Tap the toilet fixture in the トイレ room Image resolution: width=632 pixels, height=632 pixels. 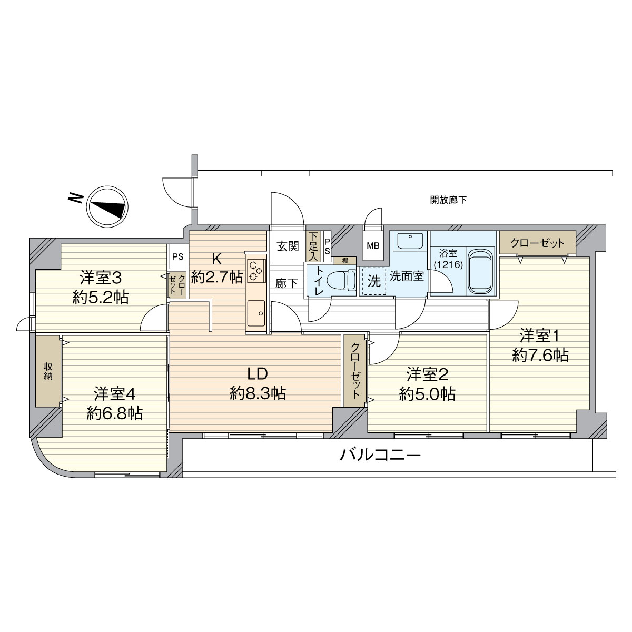click(x=340, y=281)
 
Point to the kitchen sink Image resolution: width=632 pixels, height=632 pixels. click(x=257, y=314)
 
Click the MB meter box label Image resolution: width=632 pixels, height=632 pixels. click(x=373, y=246)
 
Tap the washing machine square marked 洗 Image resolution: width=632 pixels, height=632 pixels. click(x=373, y=280)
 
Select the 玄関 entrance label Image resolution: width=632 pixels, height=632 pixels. click(x=288, y=245)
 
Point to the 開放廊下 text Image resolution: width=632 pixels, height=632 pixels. click(x=448, y=200)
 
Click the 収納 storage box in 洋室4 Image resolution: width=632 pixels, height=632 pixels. click(x=48, y=371)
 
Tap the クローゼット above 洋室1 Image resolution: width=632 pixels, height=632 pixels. click(x=537, y=243)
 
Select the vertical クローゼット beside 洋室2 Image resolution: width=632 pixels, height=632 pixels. click(x=355, y=371)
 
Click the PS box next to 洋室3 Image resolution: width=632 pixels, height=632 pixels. click(x=177, y=258)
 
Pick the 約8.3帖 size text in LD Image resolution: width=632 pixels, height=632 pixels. click(x=258, y=393)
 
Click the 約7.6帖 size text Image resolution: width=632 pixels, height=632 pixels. click(x=540, y=356)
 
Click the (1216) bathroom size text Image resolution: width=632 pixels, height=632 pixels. click(x=448, y=264)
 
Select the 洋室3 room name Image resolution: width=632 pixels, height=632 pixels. click(x=101, y=276)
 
